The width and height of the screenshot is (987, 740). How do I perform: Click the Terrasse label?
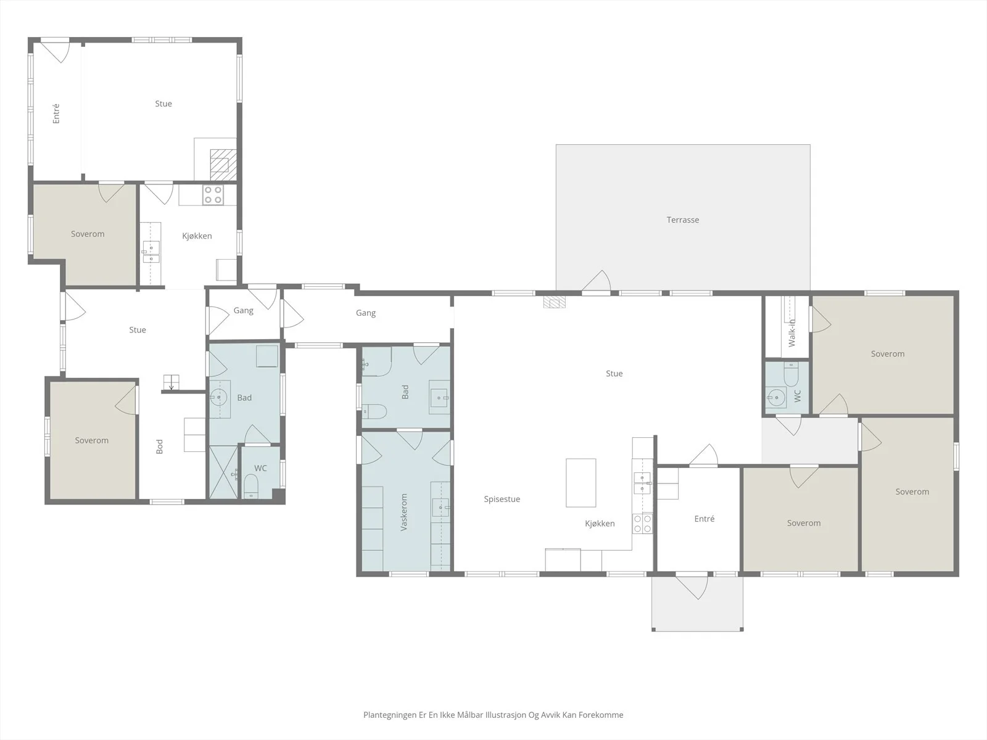tap(683, 220)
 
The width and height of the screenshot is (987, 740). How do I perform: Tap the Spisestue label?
tap(502, 499)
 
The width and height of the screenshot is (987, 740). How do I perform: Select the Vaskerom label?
tap(404, 512)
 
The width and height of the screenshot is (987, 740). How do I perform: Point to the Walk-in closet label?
tap(792, 333)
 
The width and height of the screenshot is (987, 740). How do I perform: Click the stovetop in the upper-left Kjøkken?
tap(213, 195)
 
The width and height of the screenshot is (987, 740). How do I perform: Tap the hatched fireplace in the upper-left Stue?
tap(223, 165)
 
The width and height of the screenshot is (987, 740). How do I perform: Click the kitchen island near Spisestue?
tap(581, 483)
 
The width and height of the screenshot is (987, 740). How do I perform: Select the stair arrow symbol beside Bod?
tap(171, 382)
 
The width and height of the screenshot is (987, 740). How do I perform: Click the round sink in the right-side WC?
tap(775, 397)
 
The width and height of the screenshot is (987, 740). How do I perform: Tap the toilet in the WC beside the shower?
tap(251, 487)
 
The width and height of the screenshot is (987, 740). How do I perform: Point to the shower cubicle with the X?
tap(223, 472)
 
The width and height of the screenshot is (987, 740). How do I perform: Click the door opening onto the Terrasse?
tap(597, 281)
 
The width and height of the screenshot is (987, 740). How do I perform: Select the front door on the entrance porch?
tap(692, 587)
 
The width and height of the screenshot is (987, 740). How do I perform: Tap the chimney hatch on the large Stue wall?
tap(554, 302)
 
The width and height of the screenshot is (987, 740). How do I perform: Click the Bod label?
tap(159, 446)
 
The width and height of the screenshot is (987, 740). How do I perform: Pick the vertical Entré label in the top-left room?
tap(56, 113)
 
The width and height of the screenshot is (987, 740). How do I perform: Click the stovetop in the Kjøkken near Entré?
tap(643, 523)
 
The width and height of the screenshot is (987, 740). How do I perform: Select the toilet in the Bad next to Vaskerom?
tap(374, 411)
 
